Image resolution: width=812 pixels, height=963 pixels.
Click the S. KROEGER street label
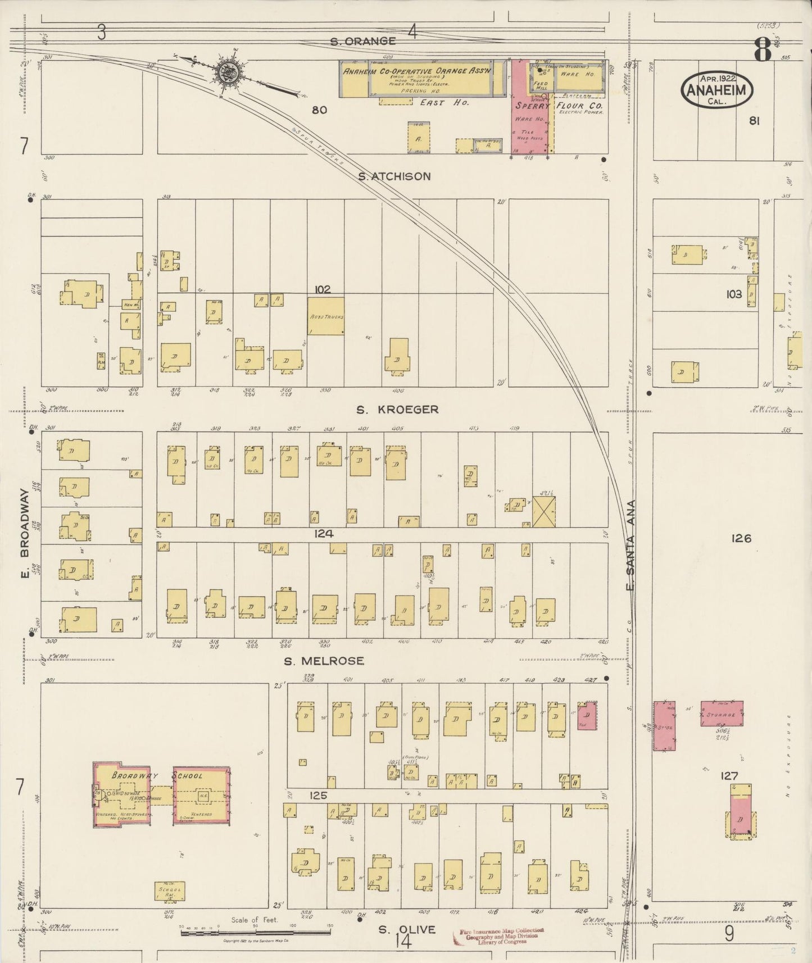(x=397, y=410)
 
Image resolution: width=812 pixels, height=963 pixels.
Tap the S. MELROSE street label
(x=324, y=661)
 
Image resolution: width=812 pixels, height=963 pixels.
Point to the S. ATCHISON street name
(x=394, y=176)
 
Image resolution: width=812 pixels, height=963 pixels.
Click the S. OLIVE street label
(x=406, y=929)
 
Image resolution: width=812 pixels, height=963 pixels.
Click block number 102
(x=323, y=289)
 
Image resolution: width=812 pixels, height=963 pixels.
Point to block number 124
(x=324, y=533)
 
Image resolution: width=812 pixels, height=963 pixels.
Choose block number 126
(x=741, y=538)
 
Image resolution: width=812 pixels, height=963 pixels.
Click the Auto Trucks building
(x=326, y=316)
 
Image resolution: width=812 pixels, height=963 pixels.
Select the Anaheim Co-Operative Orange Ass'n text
(x=417, y=71)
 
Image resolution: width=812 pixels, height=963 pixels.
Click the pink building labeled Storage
(x=722, y=714)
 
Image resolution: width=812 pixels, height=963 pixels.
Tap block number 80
(x=319, y=110)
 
